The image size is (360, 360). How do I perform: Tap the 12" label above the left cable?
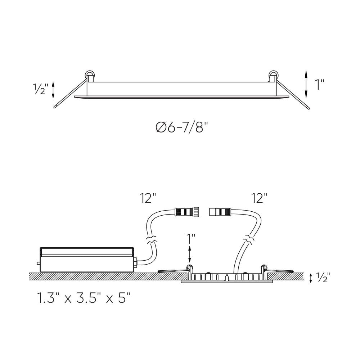148,198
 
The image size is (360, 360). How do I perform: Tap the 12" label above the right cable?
260,198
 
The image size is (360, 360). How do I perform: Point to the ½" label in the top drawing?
41,89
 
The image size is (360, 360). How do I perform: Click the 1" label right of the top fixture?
320,85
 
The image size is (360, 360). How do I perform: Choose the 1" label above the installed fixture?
190,239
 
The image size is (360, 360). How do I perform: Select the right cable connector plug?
220,212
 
